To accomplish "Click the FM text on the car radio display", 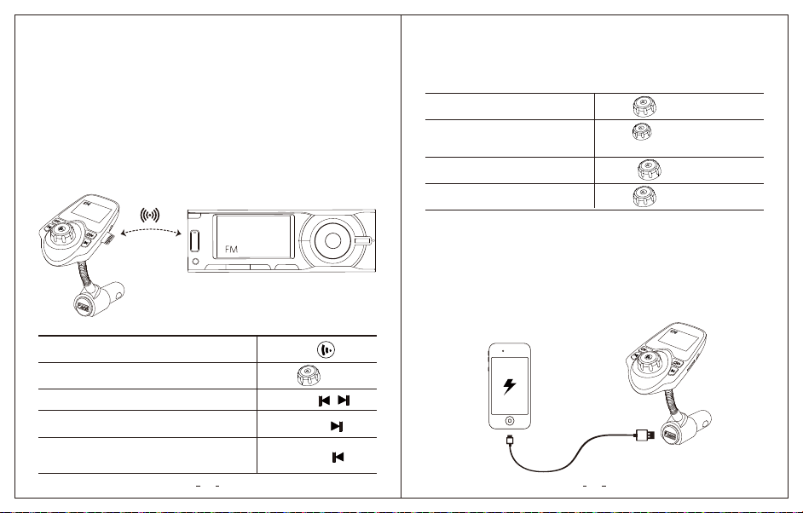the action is tap(232, 250).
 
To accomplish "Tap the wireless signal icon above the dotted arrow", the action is tap(149, 215).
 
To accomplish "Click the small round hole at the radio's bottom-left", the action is tap(195, 262).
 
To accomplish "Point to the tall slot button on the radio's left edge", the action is tap(194, 241).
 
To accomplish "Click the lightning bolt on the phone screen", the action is tap(510, 386).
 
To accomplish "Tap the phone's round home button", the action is tap(510, 421).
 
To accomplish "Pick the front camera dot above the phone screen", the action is tap(504, 351).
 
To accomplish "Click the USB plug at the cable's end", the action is tap(645, 435).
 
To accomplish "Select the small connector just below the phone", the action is tap(509, 439).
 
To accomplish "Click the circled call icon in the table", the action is tap(326, 349).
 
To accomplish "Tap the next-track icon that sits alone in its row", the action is tap(337, 426).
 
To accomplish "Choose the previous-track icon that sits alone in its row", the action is tap(338, 458).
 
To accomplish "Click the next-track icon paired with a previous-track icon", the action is tap(344, 401).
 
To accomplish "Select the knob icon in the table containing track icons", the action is tap(309, 376).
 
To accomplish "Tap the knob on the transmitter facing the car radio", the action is tap(61, 233).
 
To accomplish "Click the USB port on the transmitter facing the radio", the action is tap(84, 306).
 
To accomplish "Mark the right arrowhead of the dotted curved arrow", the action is tap(178, 234).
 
